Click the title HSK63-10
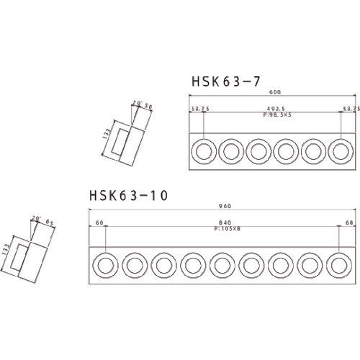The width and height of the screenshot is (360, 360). pos(128,196)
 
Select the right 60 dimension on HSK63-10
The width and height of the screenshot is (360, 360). pos(348,223)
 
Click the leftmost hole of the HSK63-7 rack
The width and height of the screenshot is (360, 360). pos(204,150)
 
